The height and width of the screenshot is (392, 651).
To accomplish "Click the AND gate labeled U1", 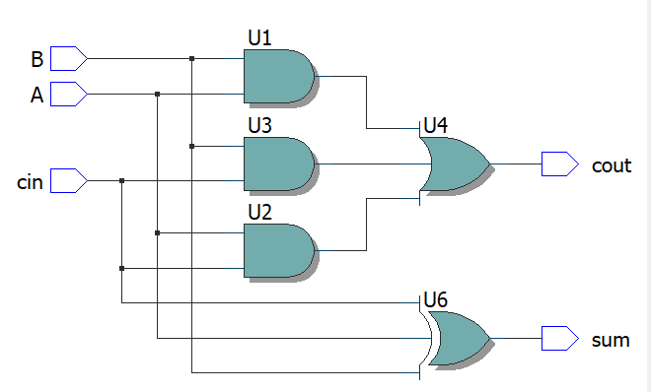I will click(x=277, y=77).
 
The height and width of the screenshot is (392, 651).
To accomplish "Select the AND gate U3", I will click(x=277, y=163).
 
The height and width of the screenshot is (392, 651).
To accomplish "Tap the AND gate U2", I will click(x=277, y=250).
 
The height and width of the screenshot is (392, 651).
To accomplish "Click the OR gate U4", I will click(x=455, y=163).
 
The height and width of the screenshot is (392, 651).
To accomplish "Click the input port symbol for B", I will click(x=68, y=59).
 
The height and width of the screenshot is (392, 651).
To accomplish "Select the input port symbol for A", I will click(x=68, y=95).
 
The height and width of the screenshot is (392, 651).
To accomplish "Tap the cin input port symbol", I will click(x=68, y=181).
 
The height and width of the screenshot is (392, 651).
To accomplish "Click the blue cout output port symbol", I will click(x=559, y=164).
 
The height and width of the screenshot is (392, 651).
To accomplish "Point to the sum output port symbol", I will click(x=559, y=339).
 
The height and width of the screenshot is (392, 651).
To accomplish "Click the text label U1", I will click(x=259, y=38).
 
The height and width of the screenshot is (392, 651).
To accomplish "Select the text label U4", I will click(x=435, y=126).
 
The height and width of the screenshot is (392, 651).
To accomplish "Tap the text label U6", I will click(x=435, y=300).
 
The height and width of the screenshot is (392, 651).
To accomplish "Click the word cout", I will click(x=611, y=165).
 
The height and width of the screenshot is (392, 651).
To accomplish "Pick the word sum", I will click(x=610, y=341).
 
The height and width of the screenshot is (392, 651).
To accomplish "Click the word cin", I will click(x=30, y=182).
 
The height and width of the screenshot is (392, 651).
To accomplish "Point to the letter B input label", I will click(x=36, y=60).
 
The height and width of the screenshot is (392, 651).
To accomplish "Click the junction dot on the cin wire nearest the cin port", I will click(x=121, y=181).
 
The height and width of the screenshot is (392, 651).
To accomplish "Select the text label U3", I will click(x=259, y=126).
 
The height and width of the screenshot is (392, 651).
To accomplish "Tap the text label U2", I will click(x=259, y=213).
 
